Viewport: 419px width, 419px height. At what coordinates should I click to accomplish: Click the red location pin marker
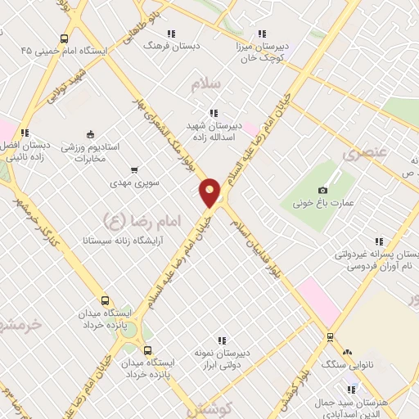210,192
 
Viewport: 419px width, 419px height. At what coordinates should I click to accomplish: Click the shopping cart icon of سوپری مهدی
133,171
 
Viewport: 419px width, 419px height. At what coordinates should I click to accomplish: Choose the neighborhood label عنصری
363,153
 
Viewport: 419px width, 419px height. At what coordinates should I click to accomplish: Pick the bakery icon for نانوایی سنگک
347,353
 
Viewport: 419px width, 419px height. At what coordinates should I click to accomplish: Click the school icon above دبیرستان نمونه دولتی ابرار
221,340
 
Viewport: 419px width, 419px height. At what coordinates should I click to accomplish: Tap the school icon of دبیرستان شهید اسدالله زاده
214,113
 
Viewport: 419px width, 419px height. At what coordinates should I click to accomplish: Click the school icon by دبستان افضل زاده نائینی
25,132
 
